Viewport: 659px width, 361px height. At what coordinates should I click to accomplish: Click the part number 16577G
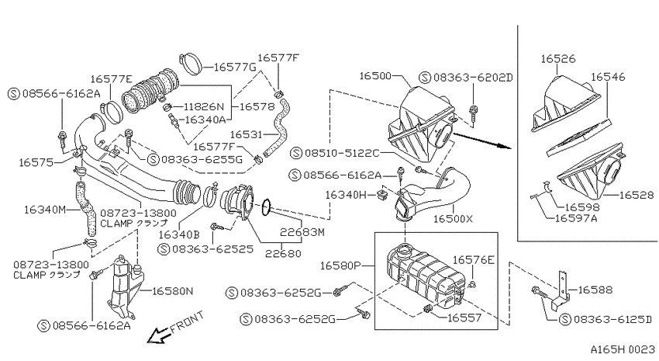(235, 67)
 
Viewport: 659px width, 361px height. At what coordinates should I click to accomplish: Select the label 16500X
(453, 219)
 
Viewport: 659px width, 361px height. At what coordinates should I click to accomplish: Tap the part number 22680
(283, 253)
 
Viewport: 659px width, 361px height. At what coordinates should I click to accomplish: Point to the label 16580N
(172, 290)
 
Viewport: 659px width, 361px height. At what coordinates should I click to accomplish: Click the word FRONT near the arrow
(188, 322)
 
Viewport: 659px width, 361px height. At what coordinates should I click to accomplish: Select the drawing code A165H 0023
(623, 349)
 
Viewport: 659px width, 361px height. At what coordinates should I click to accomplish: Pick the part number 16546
(608, 77)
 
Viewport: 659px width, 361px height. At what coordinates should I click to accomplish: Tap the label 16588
(595, 290)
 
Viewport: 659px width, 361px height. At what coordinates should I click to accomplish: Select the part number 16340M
(45, 209)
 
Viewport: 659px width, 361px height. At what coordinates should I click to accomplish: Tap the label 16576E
(473, 260)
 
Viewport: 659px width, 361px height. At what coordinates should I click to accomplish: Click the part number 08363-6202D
(473, 78)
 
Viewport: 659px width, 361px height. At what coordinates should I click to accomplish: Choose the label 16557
(464, 318)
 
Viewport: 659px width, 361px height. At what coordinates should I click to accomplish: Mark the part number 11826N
(204, 107)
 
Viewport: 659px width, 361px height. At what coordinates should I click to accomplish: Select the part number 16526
(557, 58)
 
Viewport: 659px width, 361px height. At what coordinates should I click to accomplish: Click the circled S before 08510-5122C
(297, 153)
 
